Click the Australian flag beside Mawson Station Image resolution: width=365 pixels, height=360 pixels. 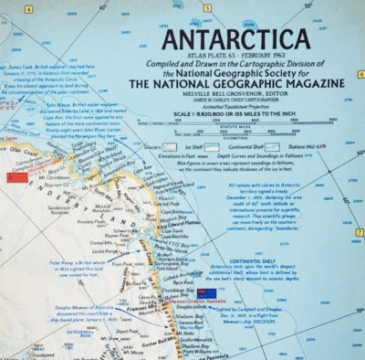click(x=205, y=292)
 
